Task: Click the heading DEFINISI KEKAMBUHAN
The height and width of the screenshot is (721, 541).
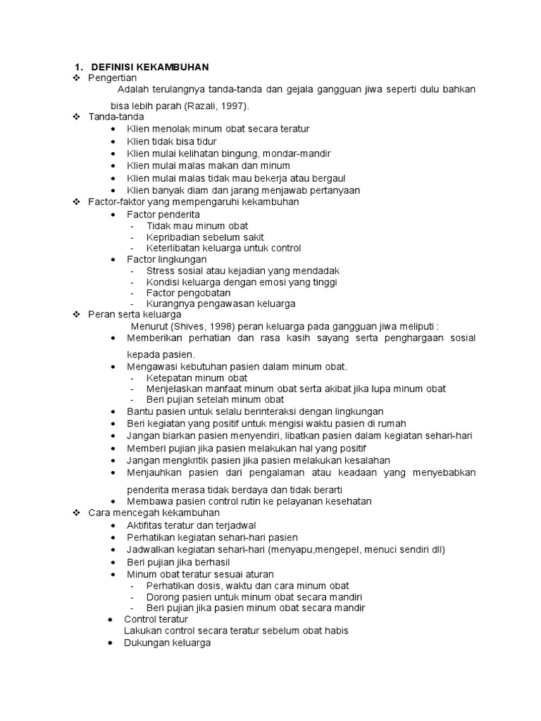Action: tap(150, 66)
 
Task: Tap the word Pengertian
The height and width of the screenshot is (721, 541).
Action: tap(112, 77)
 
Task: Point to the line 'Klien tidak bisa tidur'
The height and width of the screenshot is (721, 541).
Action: tap(172, 142)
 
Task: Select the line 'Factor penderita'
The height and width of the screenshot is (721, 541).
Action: tap(163, 214)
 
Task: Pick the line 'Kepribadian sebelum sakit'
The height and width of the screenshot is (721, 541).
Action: tap(206, 237)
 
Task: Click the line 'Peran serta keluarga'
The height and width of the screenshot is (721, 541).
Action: tap(135, 314)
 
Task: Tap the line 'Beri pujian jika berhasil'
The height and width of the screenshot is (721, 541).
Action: tap(182, 563)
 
